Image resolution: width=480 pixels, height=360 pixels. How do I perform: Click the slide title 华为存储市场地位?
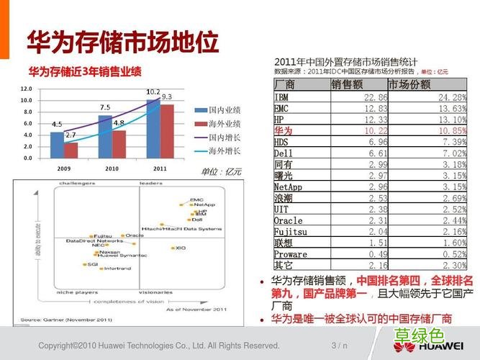122,42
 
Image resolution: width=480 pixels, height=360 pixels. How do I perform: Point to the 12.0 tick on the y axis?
26,89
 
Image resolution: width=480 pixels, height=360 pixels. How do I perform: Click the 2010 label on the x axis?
112,167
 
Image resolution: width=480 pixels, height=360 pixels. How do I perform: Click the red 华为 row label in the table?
284,131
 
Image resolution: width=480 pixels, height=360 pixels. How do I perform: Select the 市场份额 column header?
409,84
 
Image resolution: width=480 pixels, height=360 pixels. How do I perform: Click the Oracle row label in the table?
288,220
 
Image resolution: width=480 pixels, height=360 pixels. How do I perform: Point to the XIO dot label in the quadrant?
180,248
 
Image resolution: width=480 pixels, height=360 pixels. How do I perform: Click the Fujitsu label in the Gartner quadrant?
103,235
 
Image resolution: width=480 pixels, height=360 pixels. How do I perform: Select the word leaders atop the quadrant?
150,184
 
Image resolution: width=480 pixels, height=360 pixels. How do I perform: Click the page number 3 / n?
339,346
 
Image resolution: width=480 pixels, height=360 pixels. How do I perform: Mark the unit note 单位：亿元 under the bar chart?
221,171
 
